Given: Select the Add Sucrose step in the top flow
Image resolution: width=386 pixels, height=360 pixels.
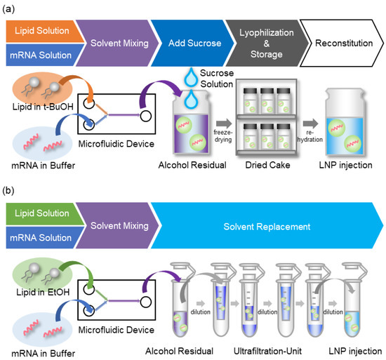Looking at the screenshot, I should coord(190,44).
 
